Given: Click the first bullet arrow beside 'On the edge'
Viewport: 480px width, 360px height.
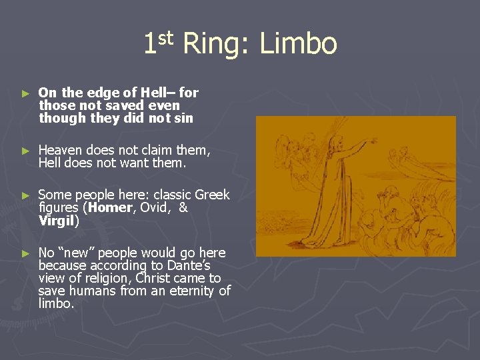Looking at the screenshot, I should click(x=25, y=93).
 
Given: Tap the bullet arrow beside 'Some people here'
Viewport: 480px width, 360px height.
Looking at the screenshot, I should click(x=25, y=195).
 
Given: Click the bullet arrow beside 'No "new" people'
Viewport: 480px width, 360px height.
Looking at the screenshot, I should click(x=25, y=253).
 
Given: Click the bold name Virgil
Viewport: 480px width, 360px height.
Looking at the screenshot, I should click(x=57, y=220).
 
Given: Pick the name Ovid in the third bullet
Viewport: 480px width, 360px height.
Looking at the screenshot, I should click(x=156, y=207).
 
